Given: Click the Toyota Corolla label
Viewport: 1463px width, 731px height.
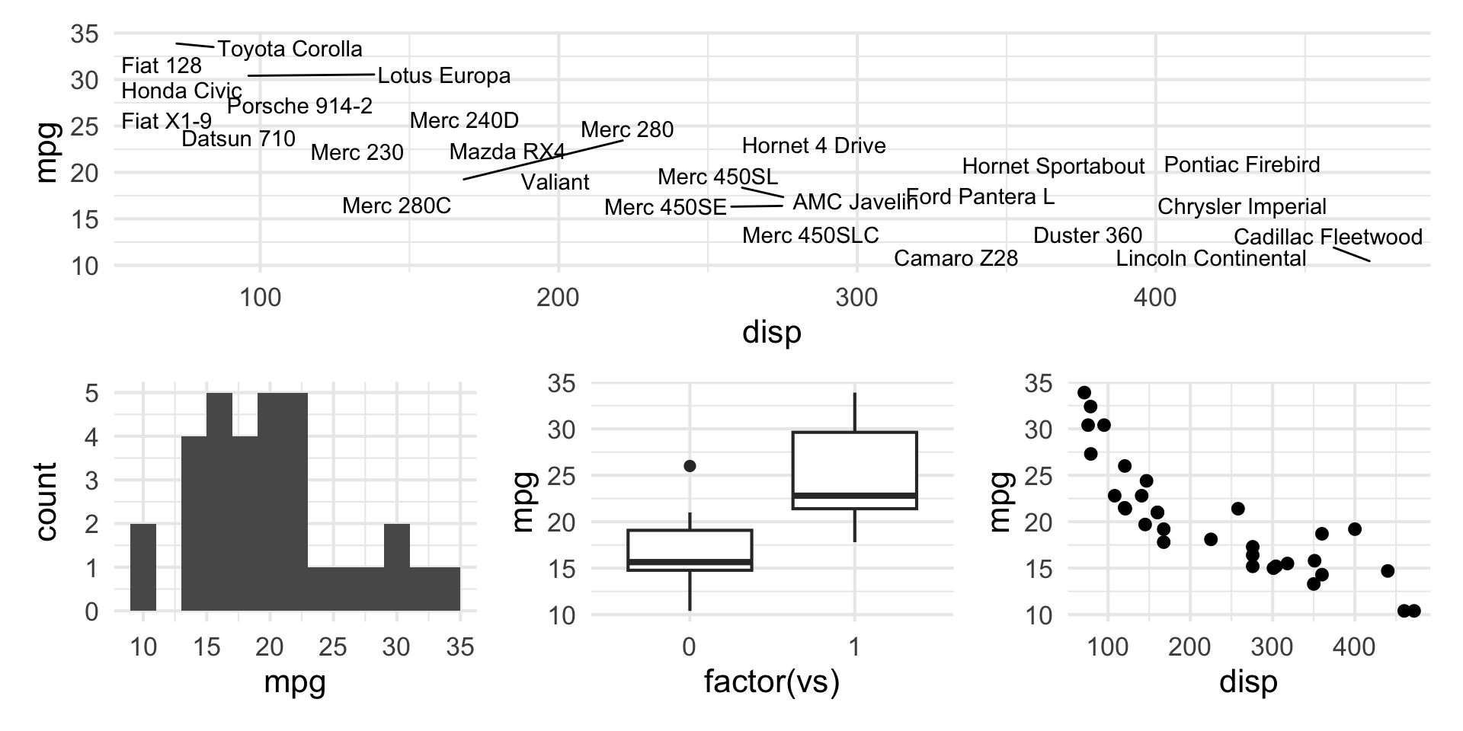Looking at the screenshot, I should tap(290, 49).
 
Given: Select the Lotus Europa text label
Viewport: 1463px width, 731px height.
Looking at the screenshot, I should tap(444, 76).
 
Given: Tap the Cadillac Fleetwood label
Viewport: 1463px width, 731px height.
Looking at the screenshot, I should tap(1327, 238).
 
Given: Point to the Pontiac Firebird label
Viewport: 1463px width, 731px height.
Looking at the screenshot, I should tap(1242, 165).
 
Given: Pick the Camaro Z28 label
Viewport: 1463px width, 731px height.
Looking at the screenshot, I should tap(956, 259).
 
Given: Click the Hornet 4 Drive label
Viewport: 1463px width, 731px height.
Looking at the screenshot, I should tap(814, 146).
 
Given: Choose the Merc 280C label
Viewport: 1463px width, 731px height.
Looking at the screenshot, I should tap(396, 206).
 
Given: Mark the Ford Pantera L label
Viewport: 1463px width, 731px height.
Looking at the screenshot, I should tap(980, 197).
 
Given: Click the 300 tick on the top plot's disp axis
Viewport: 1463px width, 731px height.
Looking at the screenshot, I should tap(856, 298).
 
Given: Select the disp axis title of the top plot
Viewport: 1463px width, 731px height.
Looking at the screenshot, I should tap(771, 332).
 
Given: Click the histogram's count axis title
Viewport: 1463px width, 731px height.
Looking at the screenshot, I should tap(46, 502).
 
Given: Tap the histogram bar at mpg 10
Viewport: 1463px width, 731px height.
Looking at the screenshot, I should tap(143, 567).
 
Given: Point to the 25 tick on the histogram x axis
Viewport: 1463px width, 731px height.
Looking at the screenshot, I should tap(333, 648).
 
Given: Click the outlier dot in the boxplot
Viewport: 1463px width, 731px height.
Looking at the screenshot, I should tap(690, 466).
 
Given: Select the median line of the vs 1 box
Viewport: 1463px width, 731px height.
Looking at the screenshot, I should tap(854, 496).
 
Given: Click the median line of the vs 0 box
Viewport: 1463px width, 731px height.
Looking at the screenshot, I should tap(690, 562).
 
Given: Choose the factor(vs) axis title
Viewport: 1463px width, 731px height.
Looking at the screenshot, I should tap(771, 682).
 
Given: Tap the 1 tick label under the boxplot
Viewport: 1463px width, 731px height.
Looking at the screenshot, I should tap(854, 648).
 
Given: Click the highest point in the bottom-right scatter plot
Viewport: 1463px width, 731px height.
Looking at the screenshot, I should tap(1084, 393).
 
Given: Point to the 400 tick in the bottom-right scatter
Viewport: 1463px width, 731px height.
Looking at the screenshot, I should tap(1354, 648).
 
